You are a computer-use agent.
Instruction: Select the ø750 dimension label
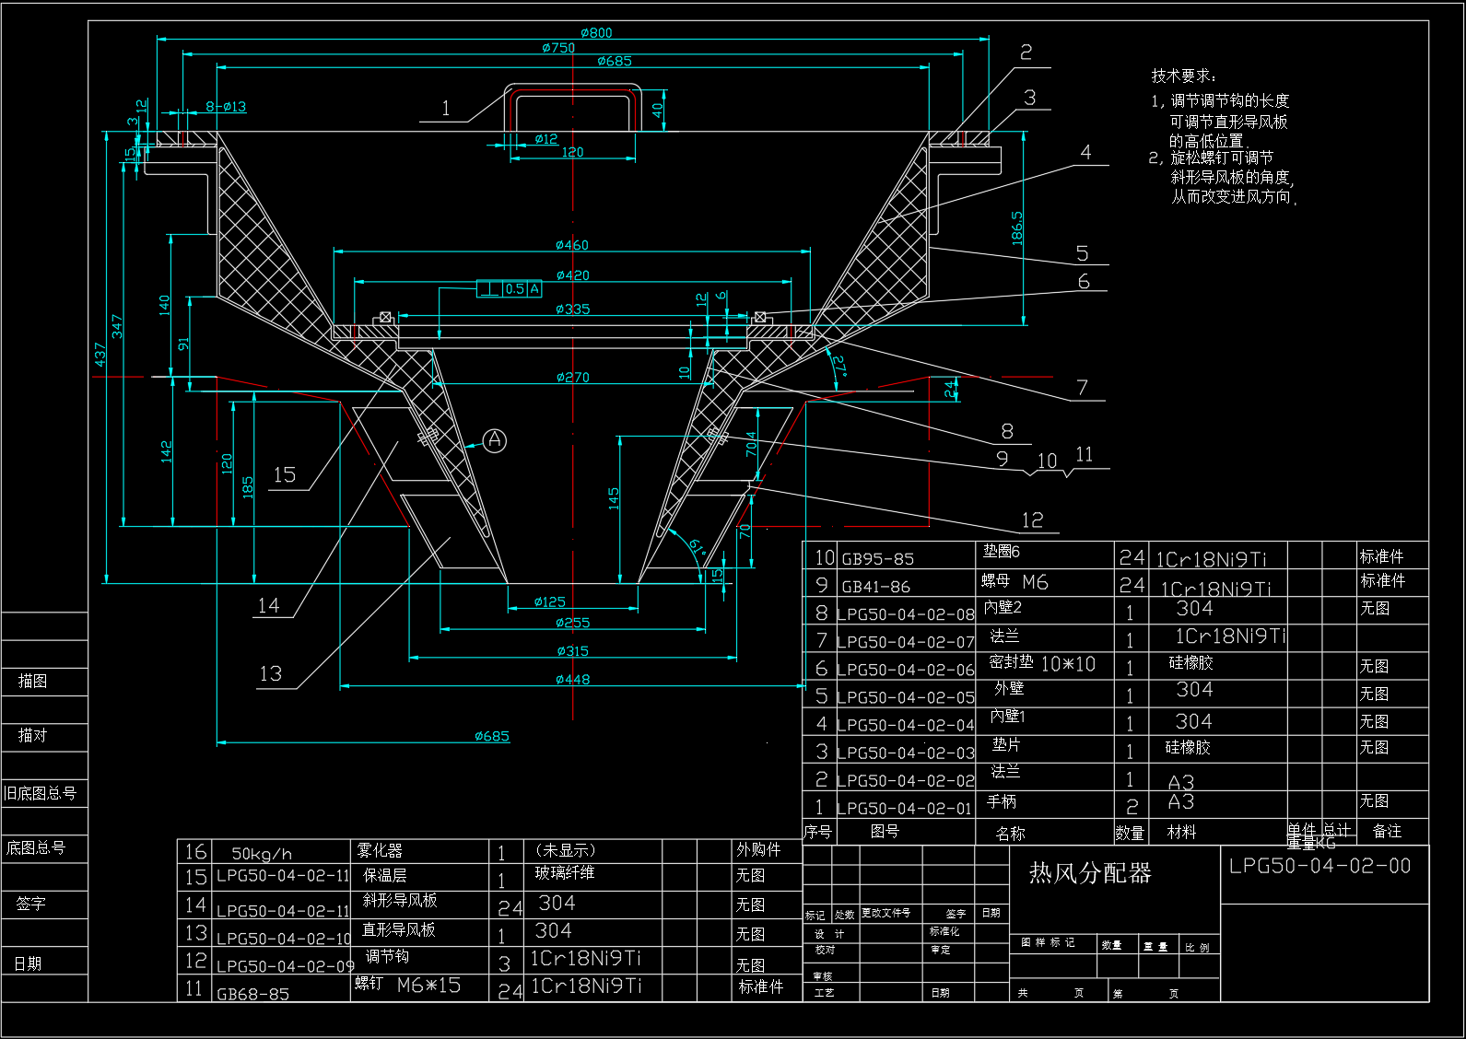(x=558, y=48)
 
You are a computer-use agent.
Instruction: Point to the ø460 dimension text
(x=571, y=245)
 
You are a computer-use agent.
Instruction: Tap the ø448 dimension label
(x=572, y=680)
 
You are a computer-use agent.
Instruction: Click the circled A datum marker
(x=495, y=440)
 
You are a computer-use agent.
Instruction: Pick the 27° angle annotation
(x=839, y=366)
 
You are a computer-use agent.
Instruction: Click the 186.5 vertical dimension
(x=1017, y=228)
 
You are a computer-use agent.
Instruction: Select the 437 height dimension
(x=100, y=354)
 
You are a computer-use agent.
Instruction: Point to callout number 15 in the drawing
(x=285, y=475)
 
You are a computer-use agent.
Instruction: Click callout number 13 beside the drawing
(x=271, y=674)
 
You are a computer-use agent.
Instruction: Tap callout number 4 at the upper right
(x=1085, y=153)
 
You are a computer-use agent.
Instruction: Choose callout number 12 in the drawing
(x=1032, y=520)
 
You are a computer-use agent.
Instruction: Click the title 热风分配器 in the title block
(x=1090, y=873)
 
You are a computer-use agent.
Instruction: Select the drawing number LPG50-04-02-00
(x=1319, y=866)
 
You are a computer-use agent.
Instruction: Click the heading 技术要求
(x=1183, y=76)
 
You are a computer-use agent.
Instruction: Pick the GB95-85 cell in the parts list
(x=877, y=559)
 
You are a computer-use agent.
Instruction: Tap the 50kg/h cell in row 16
(x=262, y=854)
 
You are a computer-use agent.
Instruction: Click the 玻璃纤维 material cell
(x=565, y=872)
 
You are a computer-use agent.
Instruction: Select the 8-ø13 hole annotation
(x=226, y=107)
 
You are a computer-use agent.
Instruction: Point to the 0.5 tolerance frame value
(x=514, y=289)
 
